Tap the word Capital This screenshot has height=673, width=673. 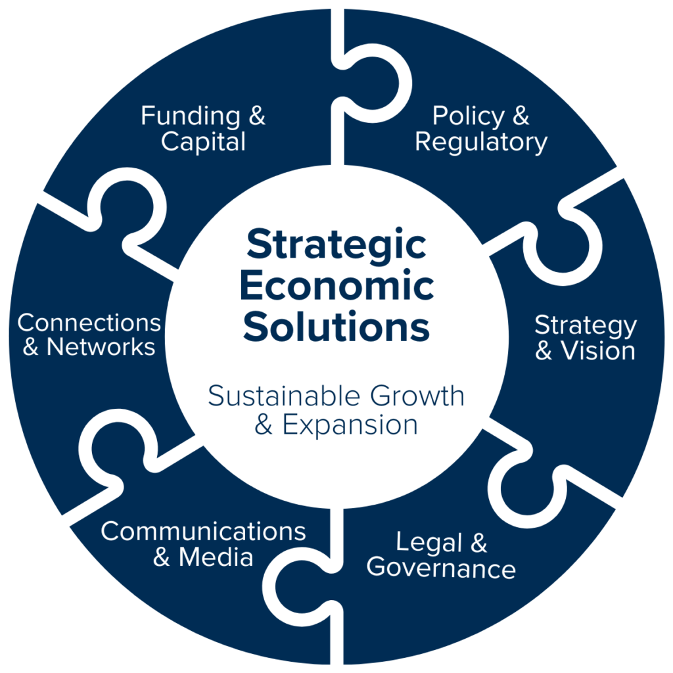tap(203, 141)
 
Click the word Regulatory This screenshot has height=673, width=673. tap(481, 141)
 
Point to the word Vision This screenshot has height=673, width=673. tap(597, 350)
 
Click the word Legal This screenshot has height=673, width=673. tap(428, 543)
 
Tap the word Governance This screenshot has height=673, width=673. tap(440, 568)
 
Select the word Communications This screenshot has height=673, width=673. tap(203, 531)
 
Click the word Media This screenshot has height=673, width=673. tap(216, 557)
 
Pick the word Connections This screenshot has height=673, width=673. tap(89, 323)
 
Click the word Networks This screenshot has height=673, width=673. tap(101, 347)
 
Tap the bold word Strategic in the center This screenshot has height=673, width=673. tap(336, 246)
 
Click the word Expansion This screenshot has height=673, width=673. tap(350, 425)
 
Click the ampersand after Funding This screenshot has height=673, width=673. tap(256, 116)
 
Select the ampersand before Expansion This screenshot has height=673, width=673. tap(264, 425)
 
